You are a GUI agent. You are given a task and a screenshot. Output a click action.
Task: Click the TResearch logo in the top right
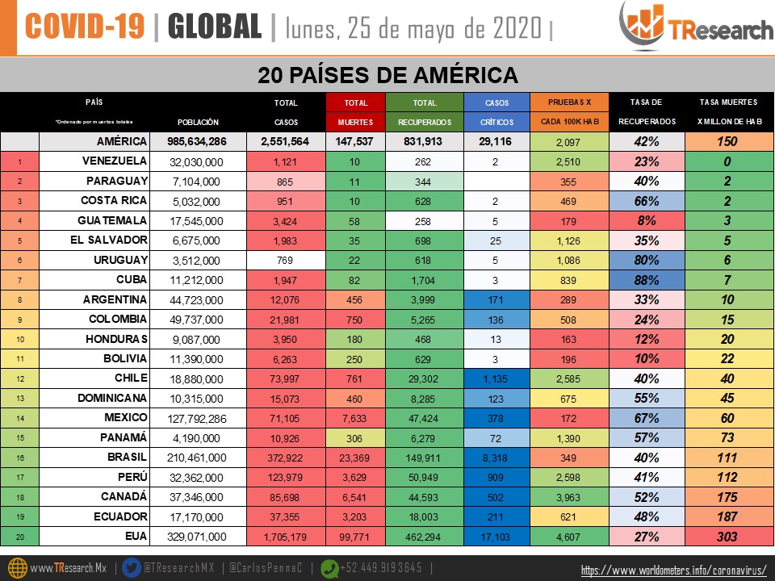tap(695, 27)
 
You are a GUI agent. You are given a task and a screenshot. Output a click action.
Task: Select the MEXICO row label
tap(114, 417)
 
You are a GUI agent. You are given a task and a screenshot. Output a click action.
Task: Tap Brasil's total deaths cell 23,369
tap(355, 457)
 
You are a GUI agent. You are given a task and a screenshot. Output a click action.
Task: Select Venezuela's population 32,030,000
tap(198, 161)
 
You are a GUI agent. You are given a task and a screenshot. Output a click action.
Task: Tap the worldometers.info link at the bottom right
tap(673, 571)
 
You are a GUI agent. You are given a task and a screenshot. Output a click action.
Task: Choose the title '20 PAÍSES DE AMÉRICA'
tap(387, 76)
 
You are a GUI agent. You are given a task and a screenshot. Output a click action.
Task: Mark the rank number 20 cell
tap(20, 536)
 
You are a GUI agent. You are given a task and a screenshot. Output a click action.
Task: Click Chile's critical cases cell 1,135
tap(496, 378)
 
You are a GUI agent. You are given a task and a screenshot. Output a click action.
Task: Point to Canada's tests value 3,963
tap(568, 496)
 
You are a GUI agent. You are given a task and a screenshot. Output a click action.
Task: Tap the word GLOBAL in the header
tap(215, 27)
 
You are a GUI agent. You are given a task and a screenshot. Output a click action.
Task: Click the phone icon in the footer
tap(331, 567)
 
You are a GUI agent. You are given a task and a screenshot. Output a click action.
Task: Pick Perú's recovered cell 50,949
tap(425, 477)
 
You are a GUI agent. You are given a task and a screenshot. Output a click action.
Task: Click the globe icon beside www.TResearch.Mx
tap(15, 567)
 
